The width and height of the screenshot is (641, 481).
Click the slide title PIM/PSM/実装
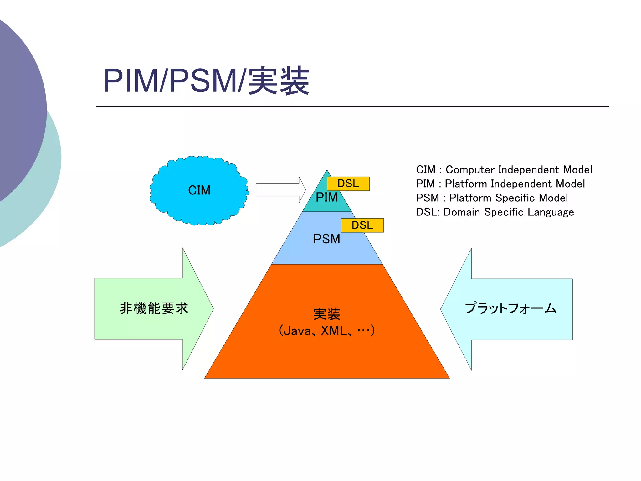[x=206, y=80]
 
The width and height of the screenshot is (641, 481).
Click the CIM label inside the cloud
[x=199, y=190]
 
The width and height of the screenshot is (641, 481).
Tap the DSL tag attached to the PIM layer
[x=348, y=184]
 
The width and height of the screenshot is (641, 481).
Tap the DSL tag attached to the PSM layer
[x=362, y=225]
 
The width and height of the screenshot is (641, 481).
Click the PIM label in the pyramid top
[x=326, y=198]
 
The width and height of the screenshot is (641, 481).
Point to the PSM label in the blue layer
[x=326, y=239]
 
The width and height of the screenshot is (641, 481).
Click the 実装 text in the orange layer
[x=326, y=314]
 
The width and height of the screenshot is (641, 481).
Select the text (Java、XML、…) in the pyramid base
[x=326, y=331]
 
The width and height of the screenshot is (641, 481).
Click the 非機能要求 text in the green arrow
[x=154, y=308]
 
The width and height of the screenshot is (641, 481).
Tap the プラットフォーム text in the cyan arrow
[x=510, y=308]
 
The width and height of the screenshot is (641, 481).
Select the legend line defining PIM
[x=500, y=184]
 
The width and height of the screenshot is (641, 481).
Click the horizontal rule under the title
[x=352, y=107]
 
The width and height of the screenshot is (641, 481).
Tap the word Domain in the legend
[x=462, y=212]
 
